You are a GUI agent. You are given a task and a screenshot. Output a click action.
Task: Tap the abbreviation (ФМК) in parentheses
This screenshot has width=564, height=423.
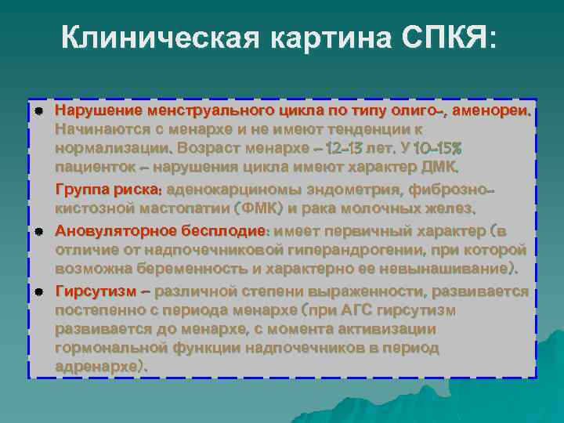(259, 208)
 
